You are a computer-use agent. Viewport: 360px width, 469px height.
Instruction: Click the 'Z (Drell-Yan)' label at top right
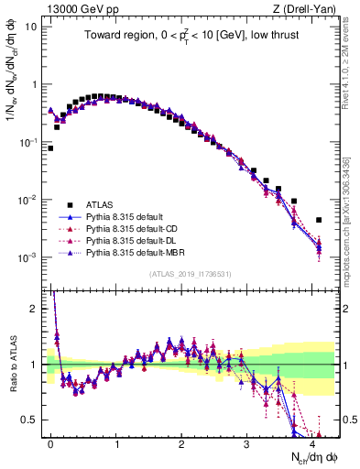point(308,8)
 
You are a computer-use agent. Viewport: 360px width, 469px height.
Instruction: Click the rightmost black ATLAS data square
point(319,220)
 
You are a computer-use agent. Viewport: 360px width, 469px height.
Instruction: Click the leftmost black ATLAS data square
point(50,147)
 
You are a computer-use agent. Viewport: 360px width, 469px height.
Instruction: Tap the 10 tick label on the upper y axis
point(30,26)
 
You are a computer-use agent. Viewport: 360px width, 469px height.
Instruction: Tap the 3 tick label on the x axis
point(247,442)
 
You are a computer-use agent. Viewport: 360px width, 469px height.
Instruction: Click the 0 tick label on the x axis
point(50,442)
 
